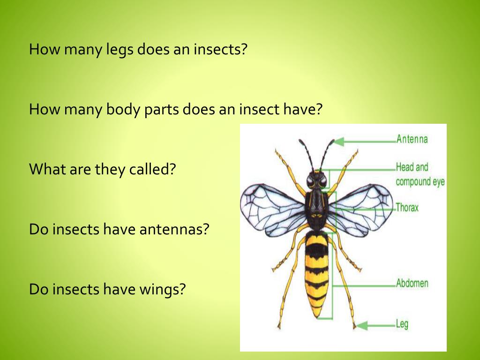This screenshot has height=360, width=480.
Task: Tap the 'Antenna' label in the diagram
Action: click(x=412, y=139)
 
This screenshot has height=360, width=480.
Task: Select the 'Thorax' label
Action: click(x=407, y=207)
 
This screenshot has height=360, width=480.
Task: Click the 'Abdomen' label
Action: click(x=412, y=283)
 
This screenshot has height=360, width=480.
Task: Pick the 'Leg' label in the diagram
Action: click(x=402, y=323)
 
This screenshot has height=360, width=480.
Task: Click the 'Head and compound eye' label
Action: click(x=420, y=174)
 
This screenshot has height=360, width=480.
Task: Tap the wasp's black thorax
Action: click(x=316, y=209)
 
